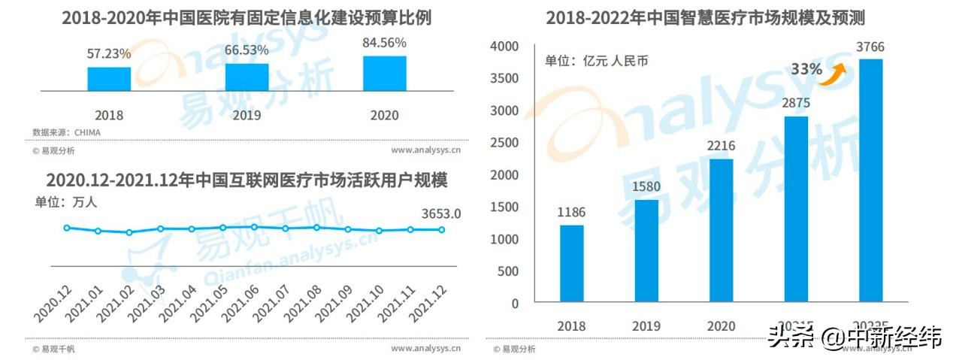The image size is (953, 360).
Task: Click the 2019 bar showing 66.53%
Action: (x=247, y=77)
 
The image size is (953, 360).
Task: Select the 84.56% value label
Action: (x=385, y=42)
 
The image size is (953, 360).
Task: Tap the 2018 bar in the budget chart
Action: (x=109, y=78)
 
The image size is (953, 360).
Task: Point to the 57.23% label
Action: (x=109, y=54)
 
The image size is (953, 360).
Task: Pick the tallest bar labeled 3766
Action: (x=870, y=180)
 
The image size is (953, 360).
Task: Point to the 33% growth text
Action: (x=806, y=69)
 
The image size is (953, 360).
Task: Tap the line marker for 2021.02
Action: (x=129, y=232)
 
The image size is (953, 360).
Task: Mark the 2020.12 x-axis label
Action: (x=53, y=302)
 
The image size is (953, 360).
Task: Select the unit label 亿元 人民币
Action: (x=596, y=61)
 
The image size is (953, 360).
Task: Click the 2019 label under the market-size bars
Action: (x=646, y=326)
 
